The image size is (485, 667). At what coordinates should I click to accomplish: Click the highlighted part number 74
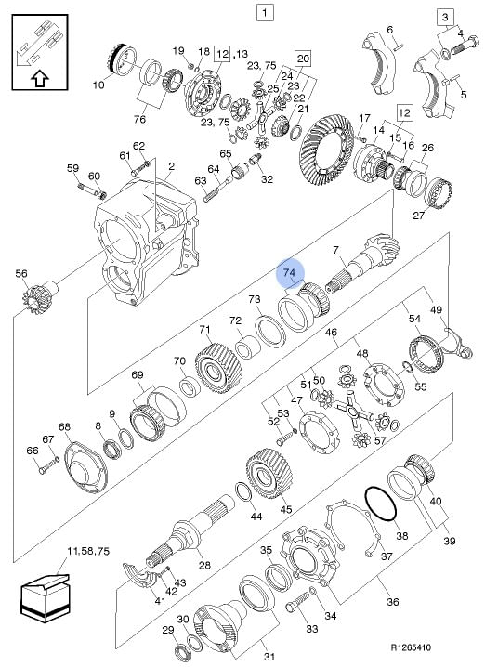tap(289, 273)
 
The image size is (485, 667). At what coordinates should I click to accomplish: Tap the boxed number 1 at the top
tap(265, 12)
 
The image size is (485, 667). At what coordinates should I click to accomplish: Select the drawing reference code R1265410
tap(411, 647)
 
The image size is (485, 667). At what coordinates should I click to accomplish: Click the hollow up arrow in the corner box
tap(40, 78)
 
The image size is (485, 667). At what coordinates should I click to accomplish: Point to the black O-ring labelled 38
tap(380, 504)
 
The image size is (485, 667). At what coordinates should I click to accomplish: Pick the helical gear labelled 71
tap(218, 369)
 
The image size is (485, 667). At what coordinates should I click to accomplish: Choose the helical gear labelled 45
tap(269, 474)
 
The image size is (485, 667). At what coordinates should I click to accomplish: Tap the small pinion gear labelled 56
tap(39, 297)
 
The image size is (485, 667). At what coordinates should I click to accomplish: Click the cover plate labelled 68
tap(85, 467)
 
